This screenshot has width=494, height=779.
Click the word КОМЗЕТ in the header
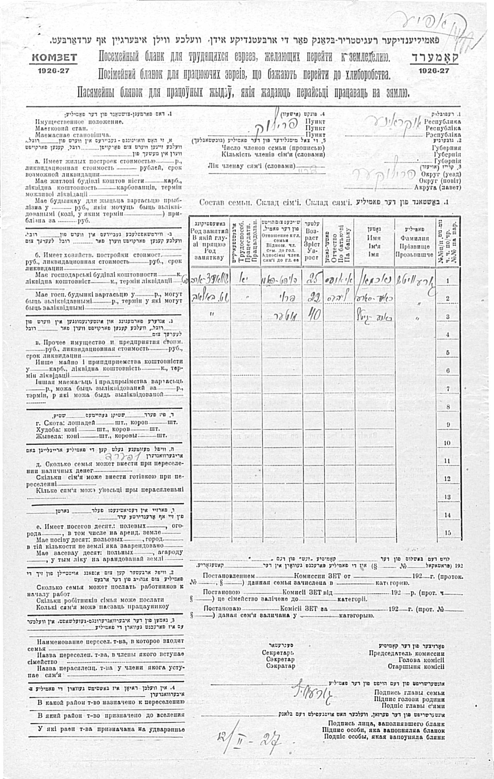[54, 58]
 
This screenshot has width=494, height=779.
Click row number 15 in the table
[448, 532]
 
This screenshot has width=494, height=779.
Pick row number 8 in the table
[448, 407]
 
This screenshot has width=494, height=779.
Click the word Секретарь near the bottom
[278, 653]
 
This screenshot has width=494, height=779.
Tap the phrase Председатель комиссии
[406, 653]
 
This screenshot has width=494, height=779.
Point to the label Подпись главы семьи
[409, 693]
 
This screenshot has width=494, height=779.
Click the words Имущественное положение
[79, 122]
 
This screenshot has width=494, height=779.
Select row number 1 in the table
[448, 281]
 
